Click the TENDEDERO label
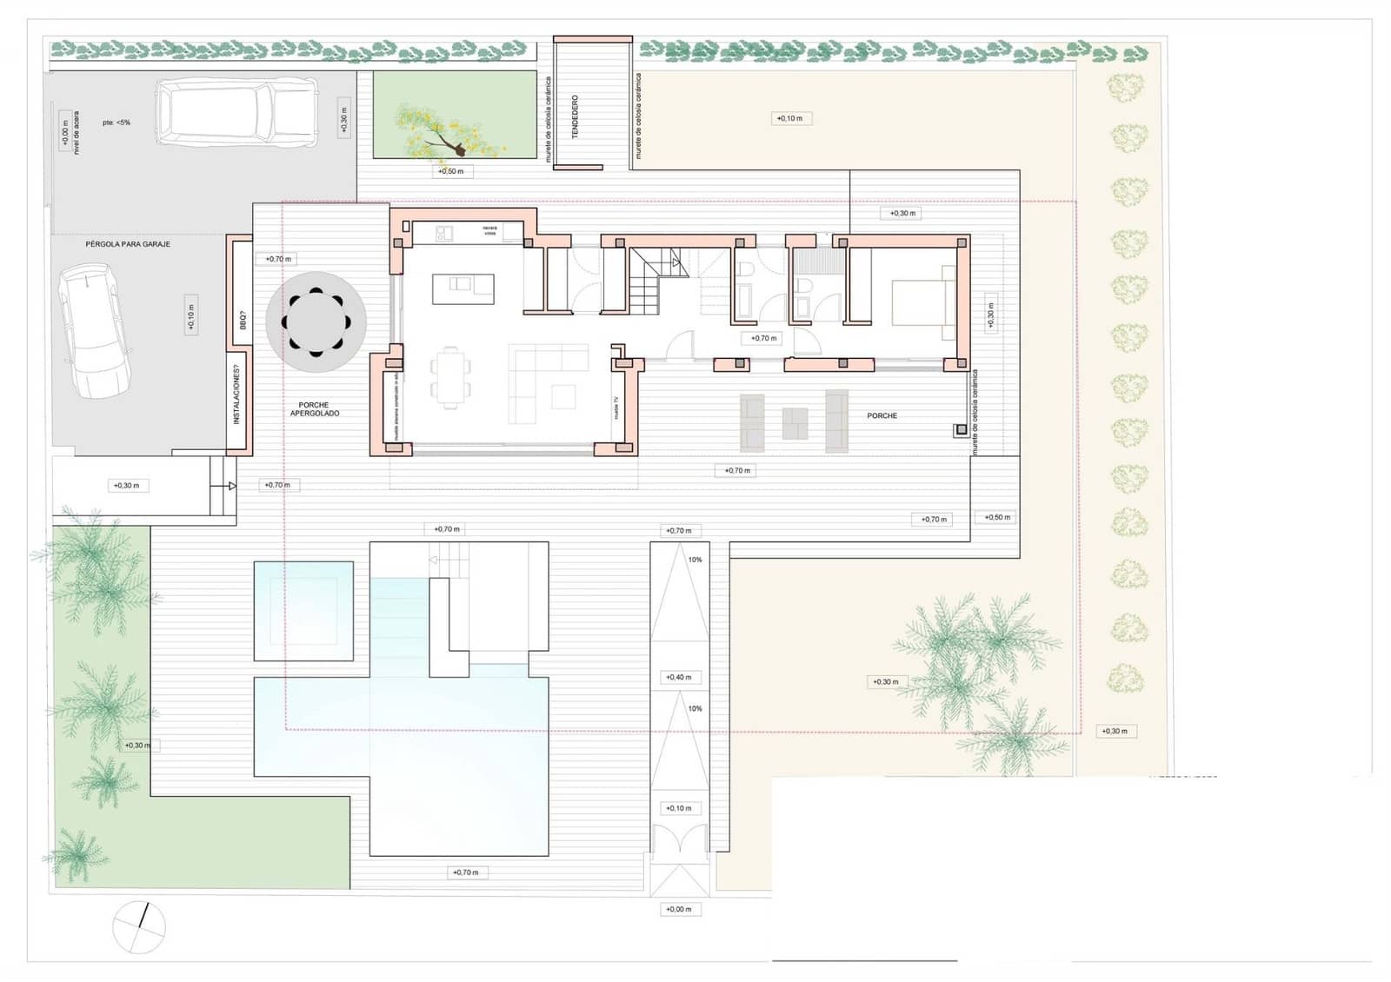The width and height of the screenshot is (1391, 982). [575, 116]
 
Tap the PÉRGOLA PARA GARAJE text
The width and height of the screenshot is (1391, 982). [128, 244]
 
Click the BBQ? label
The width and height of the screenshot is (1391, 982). [243, 320]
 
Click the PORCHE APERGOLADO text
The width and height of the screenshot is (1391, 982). [315, 409]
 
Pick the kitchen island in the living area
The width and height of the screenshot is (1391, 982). [463, 288]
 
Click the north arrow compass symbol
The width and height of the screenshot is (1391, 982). [139, 927]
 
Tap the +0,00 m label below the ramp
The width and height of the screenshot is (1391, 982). [679, 910]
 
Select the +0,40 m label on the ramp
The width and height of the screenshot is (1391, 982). [679, 677]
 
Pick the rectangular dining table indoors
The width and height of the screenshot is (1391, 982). [450, 377]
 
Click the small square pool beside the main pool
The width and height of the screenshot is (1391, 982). [303, 611]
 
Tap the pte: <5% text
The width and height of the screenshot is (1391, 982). [116, 123]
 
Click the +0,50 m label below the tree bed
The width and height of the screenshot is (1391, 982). [450, 172]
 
